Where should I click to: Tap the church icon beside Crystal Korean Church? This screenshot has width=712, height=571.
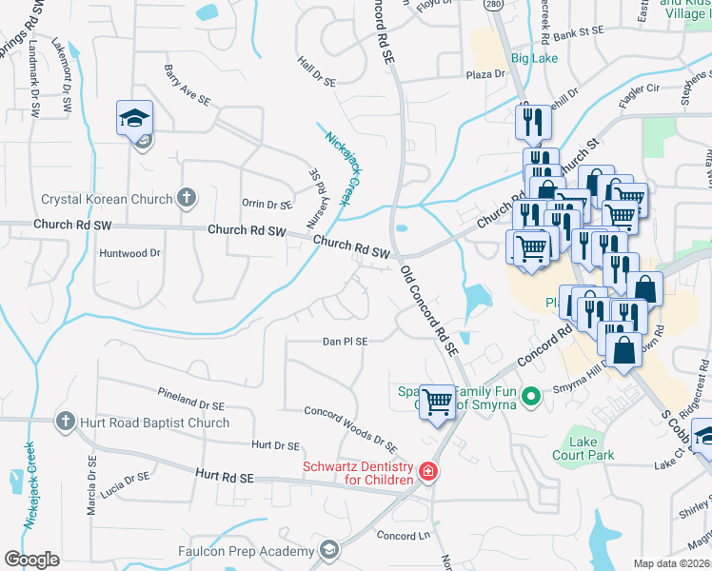(x=187, y=198)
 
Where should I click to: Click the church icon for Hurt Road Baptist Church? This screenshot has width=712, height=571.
(x=65, y=421)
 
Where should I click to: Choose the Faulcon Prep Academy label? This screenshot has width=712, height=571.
(x=246, y=551)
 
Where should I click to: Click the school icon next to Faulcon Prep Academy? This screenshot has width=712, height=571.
(x=328, y=550)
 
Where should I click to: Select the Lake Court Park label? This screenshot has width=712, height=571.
(x=583, y=448)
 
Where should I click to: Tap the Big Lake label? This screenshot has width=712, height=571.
(x=533, y=58)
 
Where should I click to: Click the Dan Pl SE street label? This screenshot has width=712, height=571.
(x=345, y=341)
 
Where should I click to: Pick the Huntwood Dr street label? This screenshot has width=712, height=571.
(x=130, y=253)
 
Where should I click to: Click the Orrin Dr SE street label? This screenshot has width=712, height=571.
(x=267, y=204)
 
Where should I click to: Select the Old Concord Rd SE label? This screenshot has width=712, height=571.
(x=429, y=311)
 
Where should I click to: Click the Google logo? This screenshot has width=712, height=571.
(x=31, y=560)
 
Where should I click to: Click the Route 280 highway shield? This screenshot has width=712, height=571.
(x=492, y=5)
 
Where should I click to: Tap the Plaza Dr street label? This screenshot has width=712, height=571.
(x=485, y=74)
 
